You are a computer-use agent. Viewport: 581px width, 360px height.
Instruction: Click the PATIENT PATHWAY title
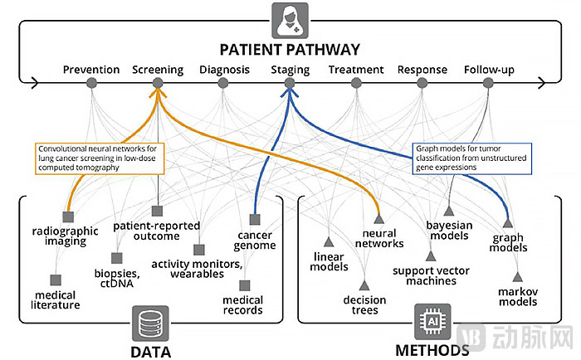290,49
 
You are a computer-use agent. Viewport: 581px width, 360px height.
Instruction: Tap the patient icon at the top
290,16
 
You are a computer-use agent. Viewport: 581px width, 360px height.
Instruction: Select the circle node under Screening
158,82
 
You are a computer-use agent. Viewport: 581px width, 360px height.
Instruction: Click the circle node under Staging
290,82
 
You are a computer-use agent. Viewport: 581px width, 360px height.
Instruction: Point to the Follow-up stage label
489,70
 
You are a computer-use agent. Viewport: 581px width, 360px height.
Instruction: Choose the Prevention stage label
91,70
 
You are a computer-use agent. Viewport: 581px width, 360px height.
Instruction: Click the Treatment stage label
356,70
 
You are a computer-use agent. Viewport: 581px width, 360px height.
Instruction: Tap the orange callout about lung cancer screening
99,157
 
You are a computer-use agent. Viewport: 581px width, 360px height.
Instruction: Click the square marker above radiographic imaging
64,216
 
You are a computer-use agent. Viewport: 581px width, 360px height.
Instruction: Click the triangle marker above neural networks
378,219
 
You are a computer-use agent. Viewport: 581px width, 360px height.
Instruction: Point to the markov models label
518,296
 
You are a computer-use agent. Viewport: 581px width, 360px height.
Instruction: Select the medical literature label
57,299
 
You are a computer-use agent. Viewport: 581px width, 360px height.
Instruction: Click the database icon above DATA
149,319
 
